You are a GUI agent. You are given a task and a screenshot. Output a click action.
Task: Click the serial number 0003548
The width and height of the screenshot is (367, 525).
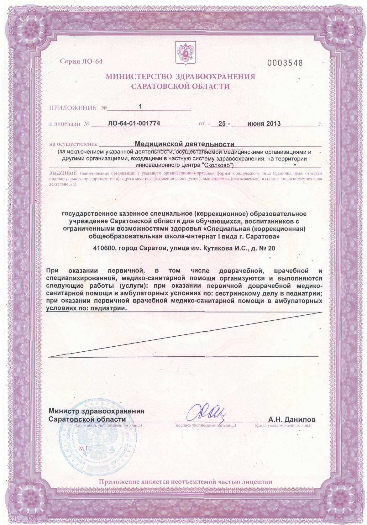click(x=285, y=63)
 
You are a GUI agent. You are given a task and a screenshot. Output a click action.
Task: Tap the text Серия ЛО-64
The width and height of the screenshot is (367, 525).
click(x=81, y=61)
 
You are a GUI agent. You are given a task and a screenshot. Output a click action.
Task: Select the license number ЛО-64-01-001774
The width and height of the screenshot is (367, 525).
click(x=134, y=123)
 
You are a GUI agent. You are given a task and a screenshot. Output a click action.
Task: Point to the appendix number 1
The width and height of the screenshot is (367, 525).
click(x=140, y=107)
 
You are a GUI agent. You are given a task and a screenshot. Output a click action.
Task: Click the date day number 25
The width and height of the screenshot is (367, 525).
click(x=222, y=123)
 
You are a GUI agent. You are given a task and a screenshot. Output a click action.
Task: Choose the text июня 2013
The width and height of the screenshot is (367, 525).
click(x=264, y=123)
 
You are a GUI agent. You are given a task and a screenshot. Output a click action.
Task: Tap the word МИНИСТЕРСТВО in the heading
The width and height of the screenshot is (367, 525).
click(x=139, y=77)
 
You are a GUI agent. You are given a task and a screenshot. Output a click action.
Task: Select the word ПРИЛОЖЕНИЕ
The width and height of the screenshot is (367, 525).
click(x=73, y=108)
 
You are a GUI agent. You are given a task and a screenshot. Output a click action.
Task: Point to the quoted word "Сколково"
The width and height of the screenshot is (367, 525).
click(x=218, y=165)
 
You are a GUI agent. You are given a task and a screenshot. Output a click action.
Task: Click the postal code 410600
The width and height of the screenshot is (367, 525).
click(x=104, y=248)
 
